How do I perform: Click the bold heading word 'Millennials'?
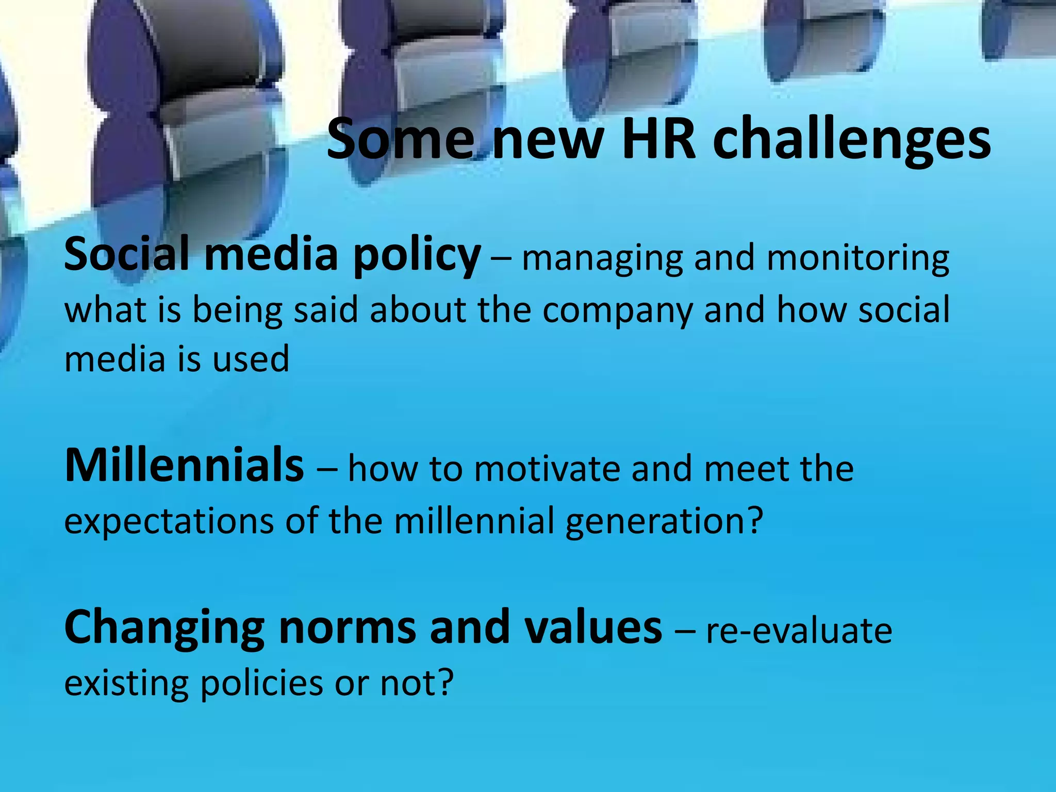184,465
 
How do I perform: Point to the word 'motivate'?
547,469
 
